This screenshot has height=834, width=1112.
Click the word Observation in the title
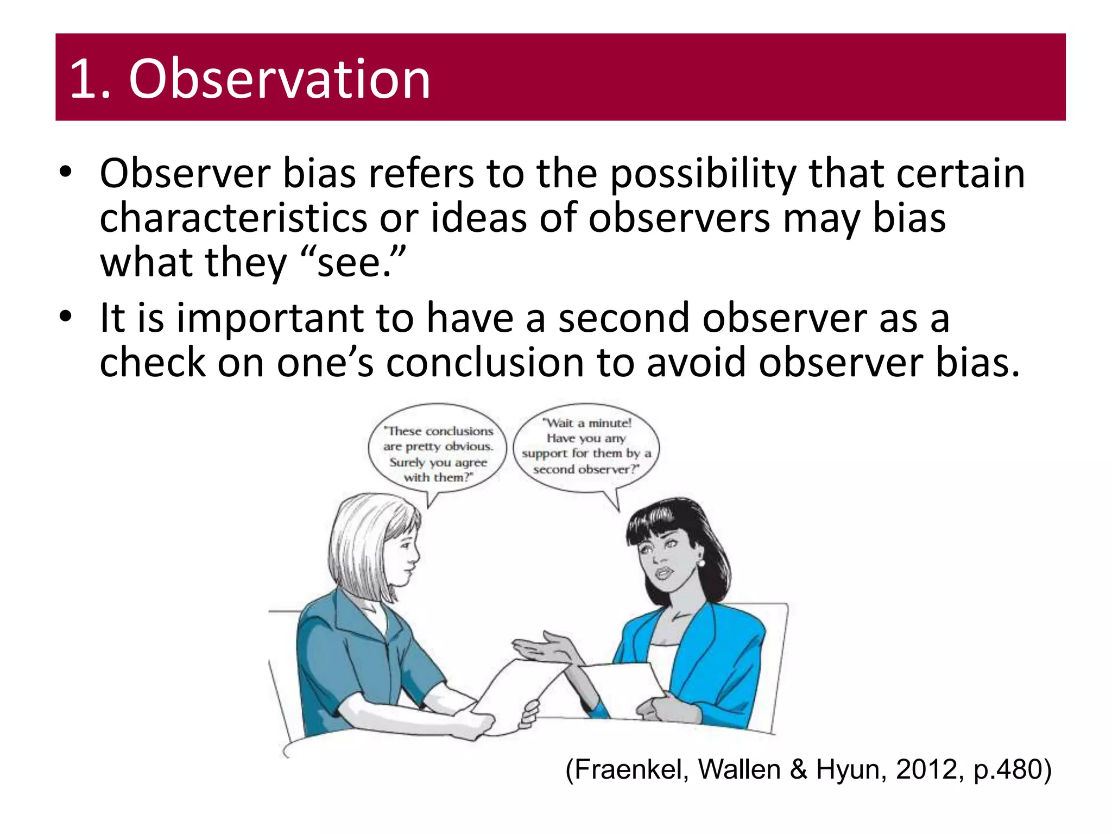tap(280, 79)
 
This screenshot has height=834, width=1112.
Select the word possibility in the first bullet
tap(704, 175)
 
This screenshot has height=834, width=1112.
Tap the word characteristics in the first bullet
tap(233, 218)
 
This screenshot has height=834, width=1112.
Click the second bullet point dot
tap(66, 316)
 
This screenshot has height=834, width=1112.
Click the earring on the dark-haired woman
tap(701, 563)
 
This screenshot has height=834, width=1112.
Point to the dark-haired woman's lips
tap(664, 573)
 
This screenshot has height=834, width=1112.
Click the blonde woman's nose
tap(415, 555)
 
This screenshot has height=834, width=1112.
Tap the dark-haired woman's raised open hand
tap(543, 649)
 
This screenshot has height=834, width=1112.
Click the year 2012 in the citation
tap(926, 770)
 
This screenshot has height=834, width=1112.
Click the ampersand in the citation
tap(798, 770)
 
